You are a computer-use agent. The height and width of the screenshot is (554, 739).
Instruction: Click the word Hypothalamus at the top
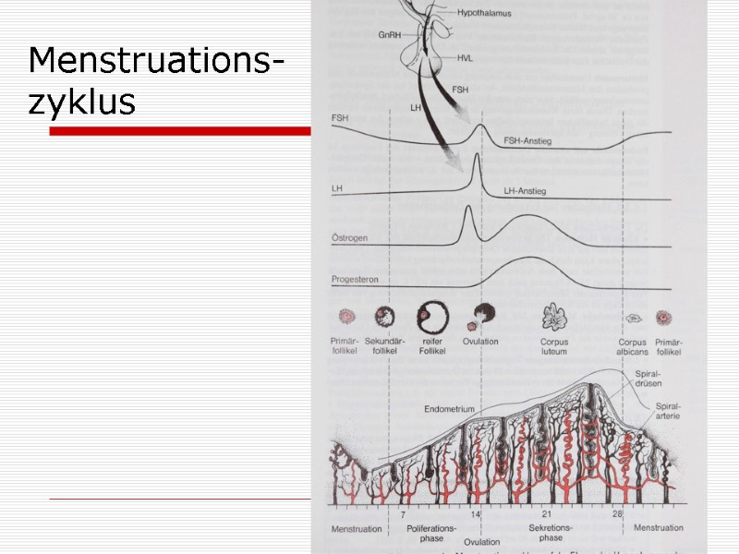[485, 14]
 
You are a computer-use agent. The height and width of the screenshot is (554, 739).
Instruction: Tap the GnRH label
[389, 34]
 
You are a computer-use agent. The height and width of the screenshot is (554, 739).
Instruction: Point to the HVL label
[465, 57]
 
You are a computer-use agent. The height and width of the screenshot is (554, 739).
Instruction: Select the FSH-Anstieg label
[527, 141]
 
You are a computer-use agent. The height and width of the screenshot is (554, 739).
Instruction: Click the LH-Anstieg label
[525, 191]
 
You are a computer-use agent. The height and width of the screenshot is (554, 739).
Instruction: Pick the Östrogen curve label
[350, 237]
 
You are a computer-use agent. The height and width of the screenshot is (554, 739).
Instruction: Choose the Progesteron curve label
[355, 279]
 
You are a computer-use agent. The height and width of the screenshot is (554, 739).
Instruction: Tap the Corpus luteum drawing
[554, 317]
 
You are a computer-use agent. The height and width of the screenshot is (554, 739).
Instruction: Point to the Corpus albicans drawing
[634, 319]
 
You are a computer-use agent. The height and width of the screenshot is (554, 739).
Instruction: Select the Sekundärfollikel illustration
[384, 319]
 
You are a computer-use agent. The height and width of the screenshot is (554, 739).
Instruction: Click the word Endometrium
[449, 408]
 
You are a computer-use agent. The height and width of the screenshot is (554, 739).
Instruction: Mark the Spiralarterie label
[668, 411]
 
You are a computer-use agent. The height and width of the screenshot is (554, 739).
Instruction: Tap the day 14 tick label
[476, 513]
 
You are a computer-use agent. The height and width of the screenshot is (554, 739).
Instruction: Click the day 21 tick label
[546, 513]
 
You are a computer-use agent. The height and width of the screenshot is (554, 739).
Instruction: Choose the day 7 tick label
[402, 513]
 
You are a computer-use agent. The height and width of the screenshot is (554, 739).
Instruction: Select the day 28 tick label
[616, 513]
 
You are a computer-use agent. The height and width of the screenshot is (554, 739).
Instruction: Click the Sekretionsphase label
[551, 533]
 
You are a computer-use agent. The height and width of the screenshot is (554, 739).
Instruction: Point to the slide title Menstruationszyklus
[155, 81]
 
